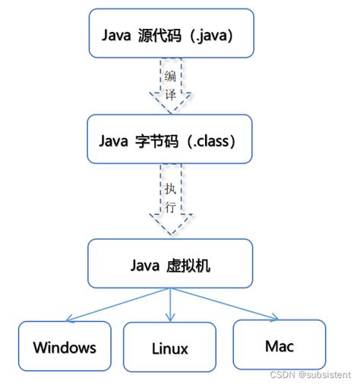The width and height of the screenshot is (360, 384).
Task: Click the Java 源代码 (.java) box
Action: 170,33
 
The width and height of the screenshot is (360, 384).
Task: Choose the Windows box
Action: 65,347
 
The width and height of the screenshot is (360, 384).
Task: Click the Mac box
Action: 279,345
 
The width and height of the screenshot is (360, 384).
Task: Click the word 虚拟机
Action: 193,266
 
